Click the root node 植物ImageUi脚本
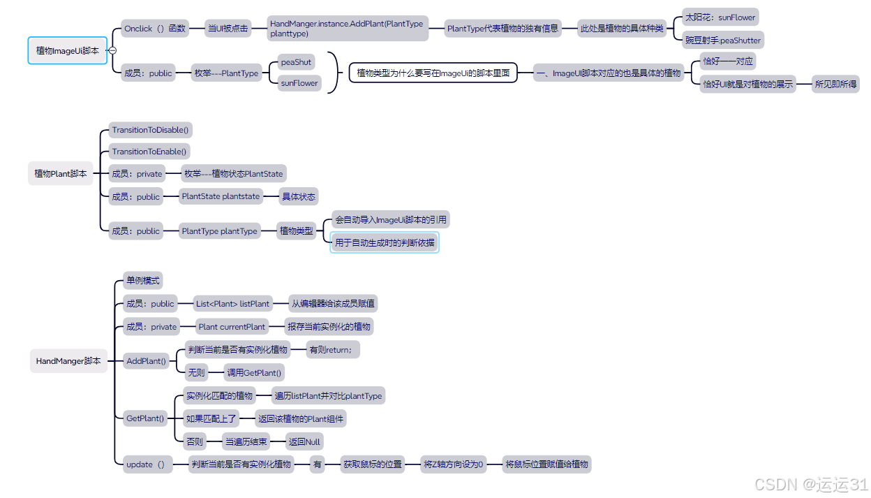point(67,50)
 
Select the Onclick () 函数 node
point(155,29)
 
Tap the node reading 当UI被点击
point(228,29)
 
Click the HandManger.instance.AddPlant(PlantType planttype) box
point(347,29)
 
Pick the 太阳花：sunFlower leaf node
point(720,17)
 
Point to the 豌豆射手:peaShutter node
point(723,41)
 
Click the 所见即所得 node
point(836,85)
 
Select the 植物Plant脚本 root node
point(61,174)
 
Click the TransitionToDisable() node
point(151,130)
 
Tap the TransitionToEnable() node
point(150,152)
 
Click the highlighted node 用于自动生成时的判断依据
point(385,243)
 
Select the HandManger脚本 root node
point(68,361)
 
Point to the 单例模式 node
point(143,281)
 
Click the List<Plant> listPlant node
point(232,304)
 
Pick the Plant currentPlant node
point(232,326)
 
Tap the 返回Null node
point(305,441)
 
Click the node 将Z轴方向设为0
point(454,464)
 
